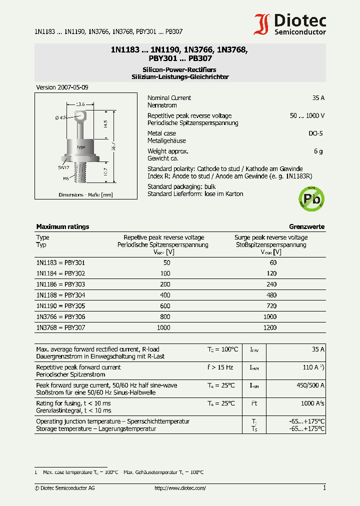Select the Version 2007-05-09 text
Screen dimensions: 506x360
click(x=62, y=87)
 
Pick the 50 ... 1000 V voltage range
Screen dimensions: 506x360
click(x=307, y=115)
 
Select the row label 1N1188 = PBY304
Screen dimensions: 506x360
click(x=60, y=295)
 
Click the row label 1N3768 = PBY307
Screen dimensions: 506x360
click(x=60, y=327)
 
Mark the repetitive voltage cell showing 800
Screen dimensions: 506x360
click(x=165, y=316)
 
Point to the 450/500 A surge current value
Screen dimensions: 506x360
click(x=310, y=385)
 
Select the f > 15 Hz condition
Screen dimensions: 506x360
click(x=220, y=367)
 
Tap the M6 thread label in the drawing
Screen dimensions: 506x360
click(x=65, y=178)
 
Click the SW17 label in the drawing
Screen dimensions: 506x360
click(x=63, y=168)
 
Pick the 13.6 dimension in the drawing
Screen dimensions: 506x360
click(x=80, y=104)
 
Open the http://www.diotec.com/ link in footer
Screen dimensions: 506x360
click(x=180, y=488)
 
